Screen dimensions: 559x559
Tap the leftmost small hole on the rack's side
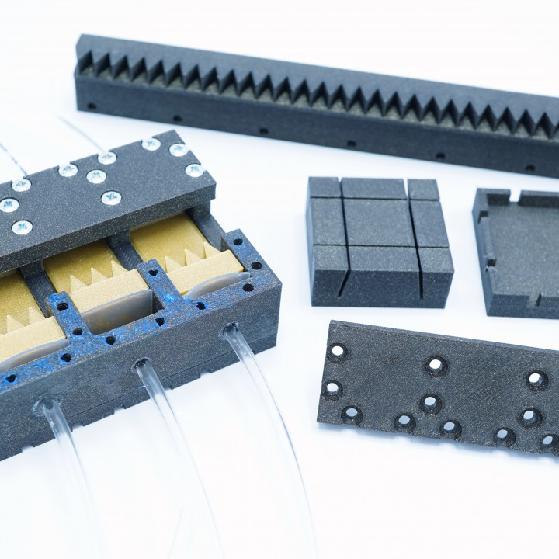(92, 106)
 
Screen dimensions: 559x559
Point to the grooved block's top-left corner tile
(324, 187)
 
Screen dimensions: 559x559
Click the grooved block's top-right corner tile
(423, 189)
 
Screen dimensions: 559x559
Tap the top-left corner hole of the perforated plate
(338, 352)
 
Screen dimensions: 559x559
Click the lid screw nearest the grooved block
(194, 170)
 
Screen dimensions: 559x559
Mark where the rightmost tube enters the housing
(230, 332)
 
